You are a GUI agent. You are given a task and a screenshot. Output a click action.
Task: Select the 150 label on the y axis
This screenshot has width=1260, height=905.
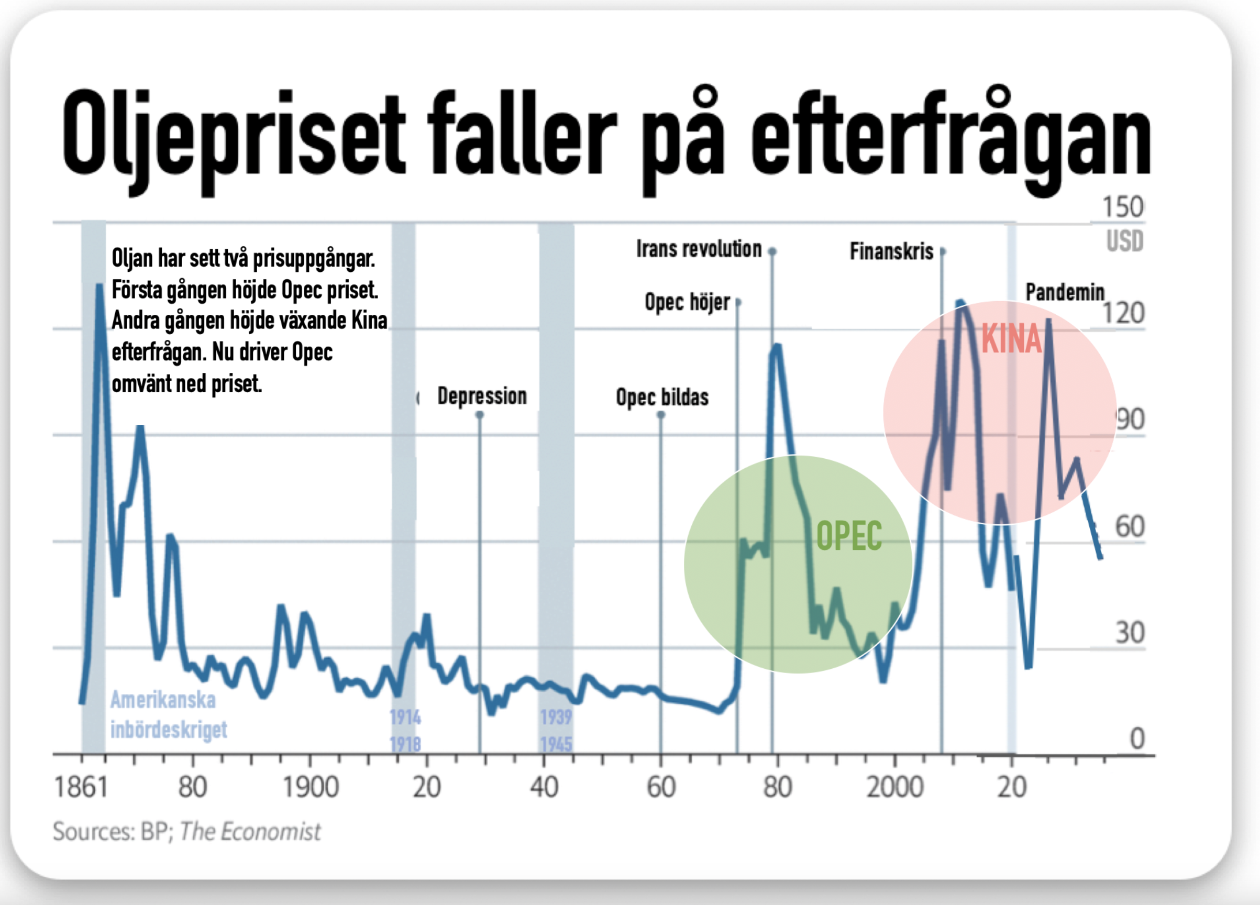tap(1123, 207)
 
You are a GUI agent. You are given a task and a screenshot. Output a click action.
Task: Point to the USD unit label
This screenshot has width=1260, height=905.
tap(1124, 241)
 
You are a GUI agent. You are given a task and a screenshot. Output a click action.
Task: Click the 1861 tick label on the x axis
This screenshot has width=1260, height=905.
tap(81, 787)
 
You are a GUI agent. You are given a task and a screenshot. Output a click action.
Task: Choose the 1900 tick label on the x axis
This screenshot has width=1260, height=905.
tap(311, 787)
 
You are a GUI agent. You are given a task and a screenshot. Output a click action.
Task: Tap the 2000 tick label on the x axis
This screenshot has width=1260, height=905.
tap(895, 787)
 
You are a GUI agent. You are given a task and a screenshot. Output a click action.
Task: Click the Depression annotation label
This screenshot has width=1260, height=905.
tap(482, 396)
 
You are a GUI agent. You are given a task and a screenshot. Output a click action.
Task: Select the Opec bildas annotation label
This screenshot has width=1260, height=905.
tap(662, 397)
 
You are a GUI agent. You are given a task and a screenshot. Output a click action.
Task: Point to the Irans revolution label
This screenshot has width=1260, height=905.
tap(699, 249)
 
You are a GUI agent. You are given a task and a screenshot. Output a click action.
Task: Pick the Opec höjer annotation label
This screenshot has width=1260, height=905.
tap(687, 302)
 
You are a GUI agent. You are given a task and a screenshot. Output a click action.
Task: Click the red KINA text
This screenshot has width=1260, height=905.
tap(1011, 339)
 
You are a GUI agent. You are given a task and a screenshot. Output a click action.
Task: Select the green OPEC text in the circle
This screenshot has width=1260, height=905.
tap(849, 536)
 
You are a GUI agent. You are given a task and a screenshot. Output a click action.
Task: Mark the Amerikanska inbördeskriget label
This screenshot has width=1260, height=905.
tap(169, 714)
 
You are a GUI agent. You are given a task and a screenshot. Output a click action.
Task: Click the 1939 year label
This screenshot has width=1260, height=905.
tap(556, 717)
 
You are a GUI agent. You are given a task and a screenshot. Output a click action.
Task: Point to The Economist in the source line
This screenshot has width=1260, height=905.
tap(250, 832)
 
